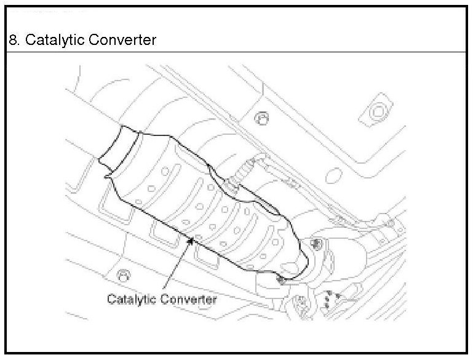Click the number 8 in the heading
coord(12,41)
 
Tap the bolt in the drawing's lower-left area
coord(122,273)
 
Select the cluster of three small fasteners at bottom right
coord(328,298)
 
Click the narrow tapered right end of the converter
coord(293,266)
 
